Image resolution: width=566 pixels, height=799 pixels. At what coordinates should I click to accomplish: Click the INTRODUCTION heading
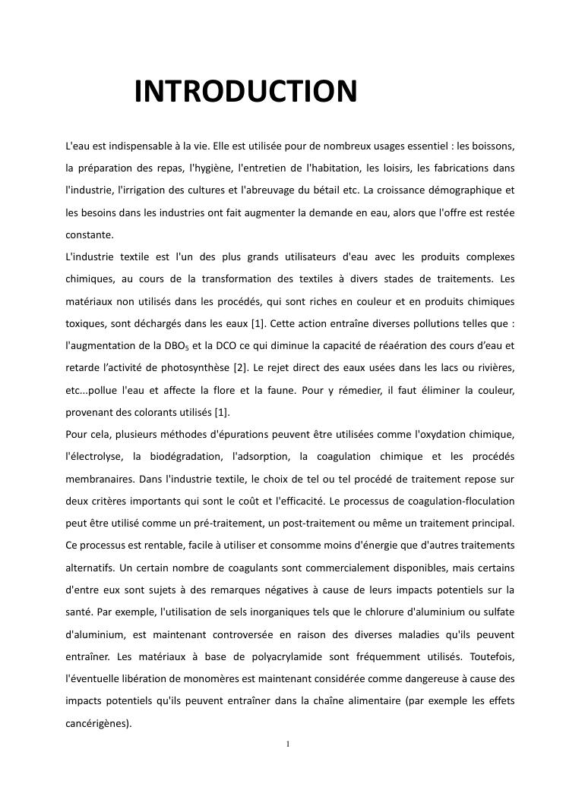click(x=245, y=92)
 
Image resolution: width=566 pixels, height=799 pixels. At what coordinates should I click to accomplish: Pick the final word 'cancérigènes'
click(x=98, y=724)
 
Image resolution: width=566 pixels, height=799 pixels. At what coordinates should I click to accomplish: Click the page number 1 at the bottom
click(x=288, y=744)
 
